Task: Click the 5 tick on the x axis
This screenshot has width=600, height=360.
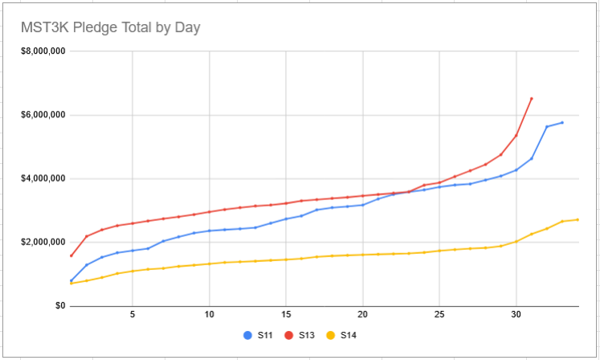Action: (133, 314)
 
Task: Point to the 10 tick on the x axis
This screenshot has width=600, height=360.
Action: (209, 314)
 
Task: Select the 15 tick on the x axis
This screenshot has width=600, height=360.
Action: (286, 314)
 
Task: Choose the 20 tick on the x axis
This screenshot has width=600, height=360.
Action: (362, 314)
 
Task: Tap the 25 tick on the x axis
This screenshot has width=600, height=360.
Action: (439, 314)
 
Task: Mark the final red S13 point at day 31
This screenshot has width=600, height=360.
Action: (532, 99)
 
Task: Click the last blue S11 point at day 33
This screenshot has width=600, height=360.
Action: (562, 123)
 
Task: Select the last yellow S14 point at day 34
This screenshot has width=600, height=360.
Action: (578, 219)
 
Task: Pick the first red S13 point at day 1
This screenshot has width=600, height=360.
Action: (71, 256)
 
